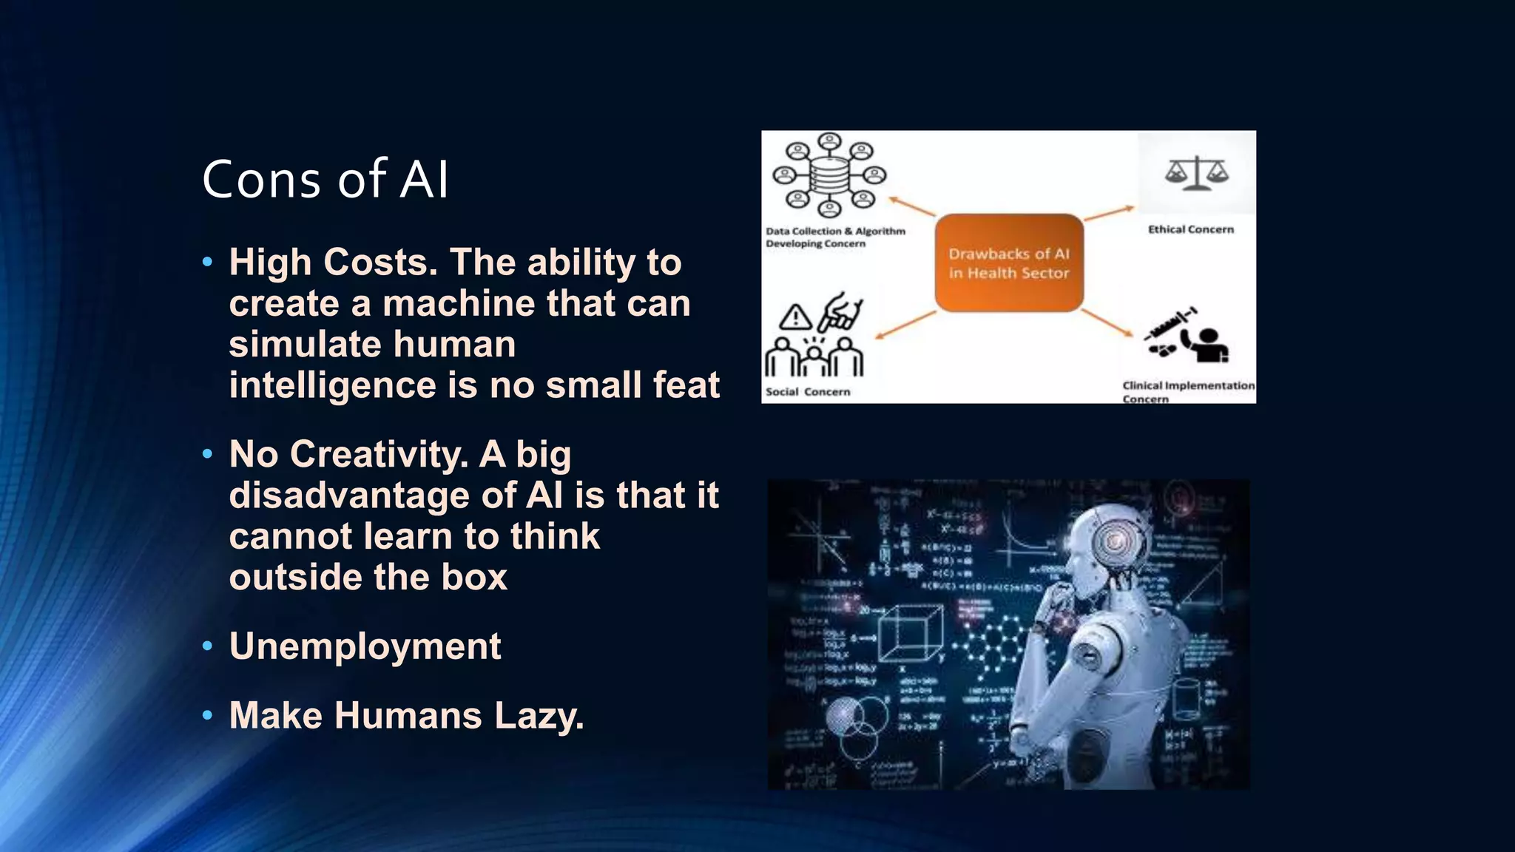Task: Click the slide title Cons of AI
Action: click(325, 180)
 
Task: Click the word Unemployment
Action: click(365, 646)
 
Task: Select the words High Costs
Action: click(333, 263)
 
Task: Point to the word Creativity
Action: click(379, 454)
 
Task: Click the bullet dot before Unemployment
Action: click(208, 646)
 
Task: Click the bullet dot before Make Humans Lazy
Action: click(208, 715)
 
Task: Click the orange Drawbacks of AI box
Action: click(1009, 263)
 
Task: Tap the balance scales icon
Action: click(1196, 174)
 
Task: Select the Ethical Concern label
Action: click(1190, 229)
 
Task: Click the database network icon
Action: click(829, 175)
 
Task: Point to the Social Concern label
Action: click(807, 392)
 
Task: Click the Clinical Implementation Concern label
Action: click(1187, 391)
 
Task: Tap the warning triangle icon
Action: click(795, 317)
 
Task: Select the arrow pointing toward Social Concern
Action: click(906, 325)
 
